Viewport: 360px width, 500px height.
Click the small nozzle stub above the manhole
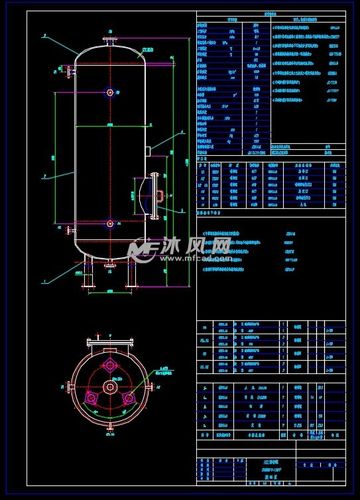[x=147, y=151]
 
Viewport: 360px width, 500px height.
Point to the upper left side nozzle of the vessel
[x=71, y=72]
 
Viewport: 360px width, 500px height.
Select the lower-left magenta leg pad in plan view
[x=93, y=397]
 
